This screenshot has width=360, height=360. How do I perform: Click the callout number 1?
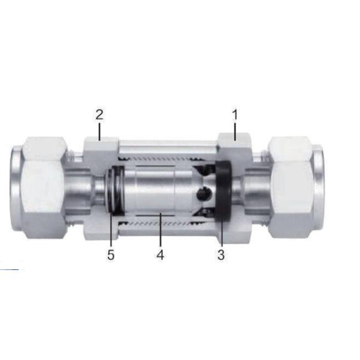click(235, 115)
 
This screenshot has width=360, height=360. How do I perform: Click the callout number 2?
click(99, 115)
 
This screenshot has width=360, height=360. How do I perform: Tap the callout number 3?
click(221, 254)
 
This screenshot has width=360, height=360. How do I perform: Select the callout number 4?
click(160, 254)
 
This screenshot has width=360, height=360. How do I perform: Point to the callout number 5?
click(110, 254)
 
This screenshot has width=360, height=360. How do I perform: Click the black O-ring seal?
click(223, 191)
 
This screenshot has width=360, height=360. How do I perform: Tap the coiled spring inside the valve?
click(116, 190)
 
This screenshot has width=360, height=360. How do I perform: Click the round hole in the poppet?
click(202, 193)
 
